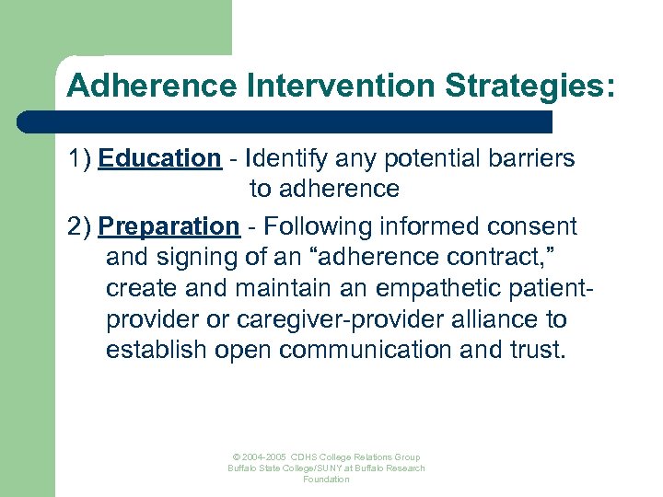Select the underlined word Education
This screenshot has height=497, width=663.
160,158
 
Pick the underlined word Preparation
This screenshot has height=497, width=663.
169,225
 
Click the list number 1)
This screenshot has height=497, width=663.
80,158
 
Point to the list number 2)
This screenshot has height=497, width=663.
80,225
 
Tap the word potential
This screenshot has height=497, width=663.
413,158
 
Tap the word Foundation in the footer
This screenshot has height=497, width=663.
326,480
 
